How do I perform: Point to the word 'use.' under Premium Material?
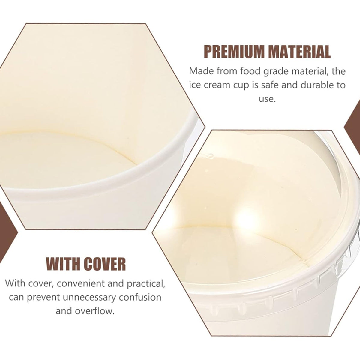point(267,99)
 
